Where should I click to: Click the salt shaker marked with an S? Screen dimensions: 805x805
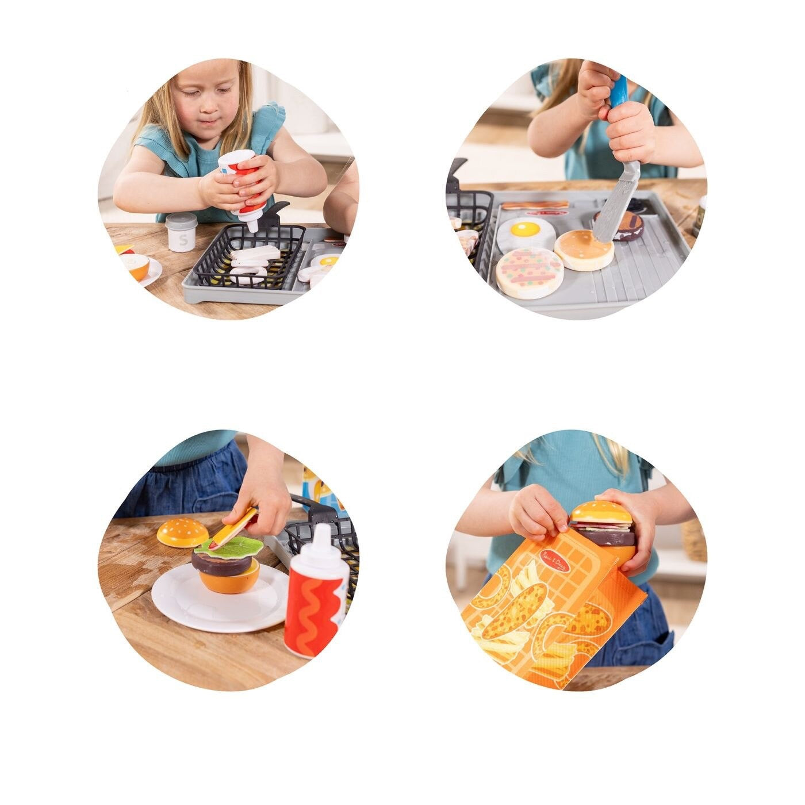181,233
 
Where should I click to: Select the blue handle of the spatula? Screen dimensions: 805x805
619,92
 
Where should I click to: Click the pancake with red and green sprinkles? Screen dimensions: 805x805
530,271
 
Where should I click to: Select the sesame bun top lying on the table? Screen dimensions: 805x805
182,533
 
